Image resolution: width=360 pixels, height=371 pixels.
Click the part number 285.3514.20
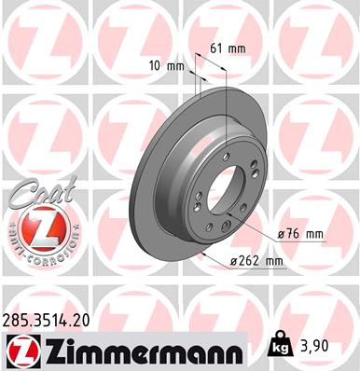tap(55, 318)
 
